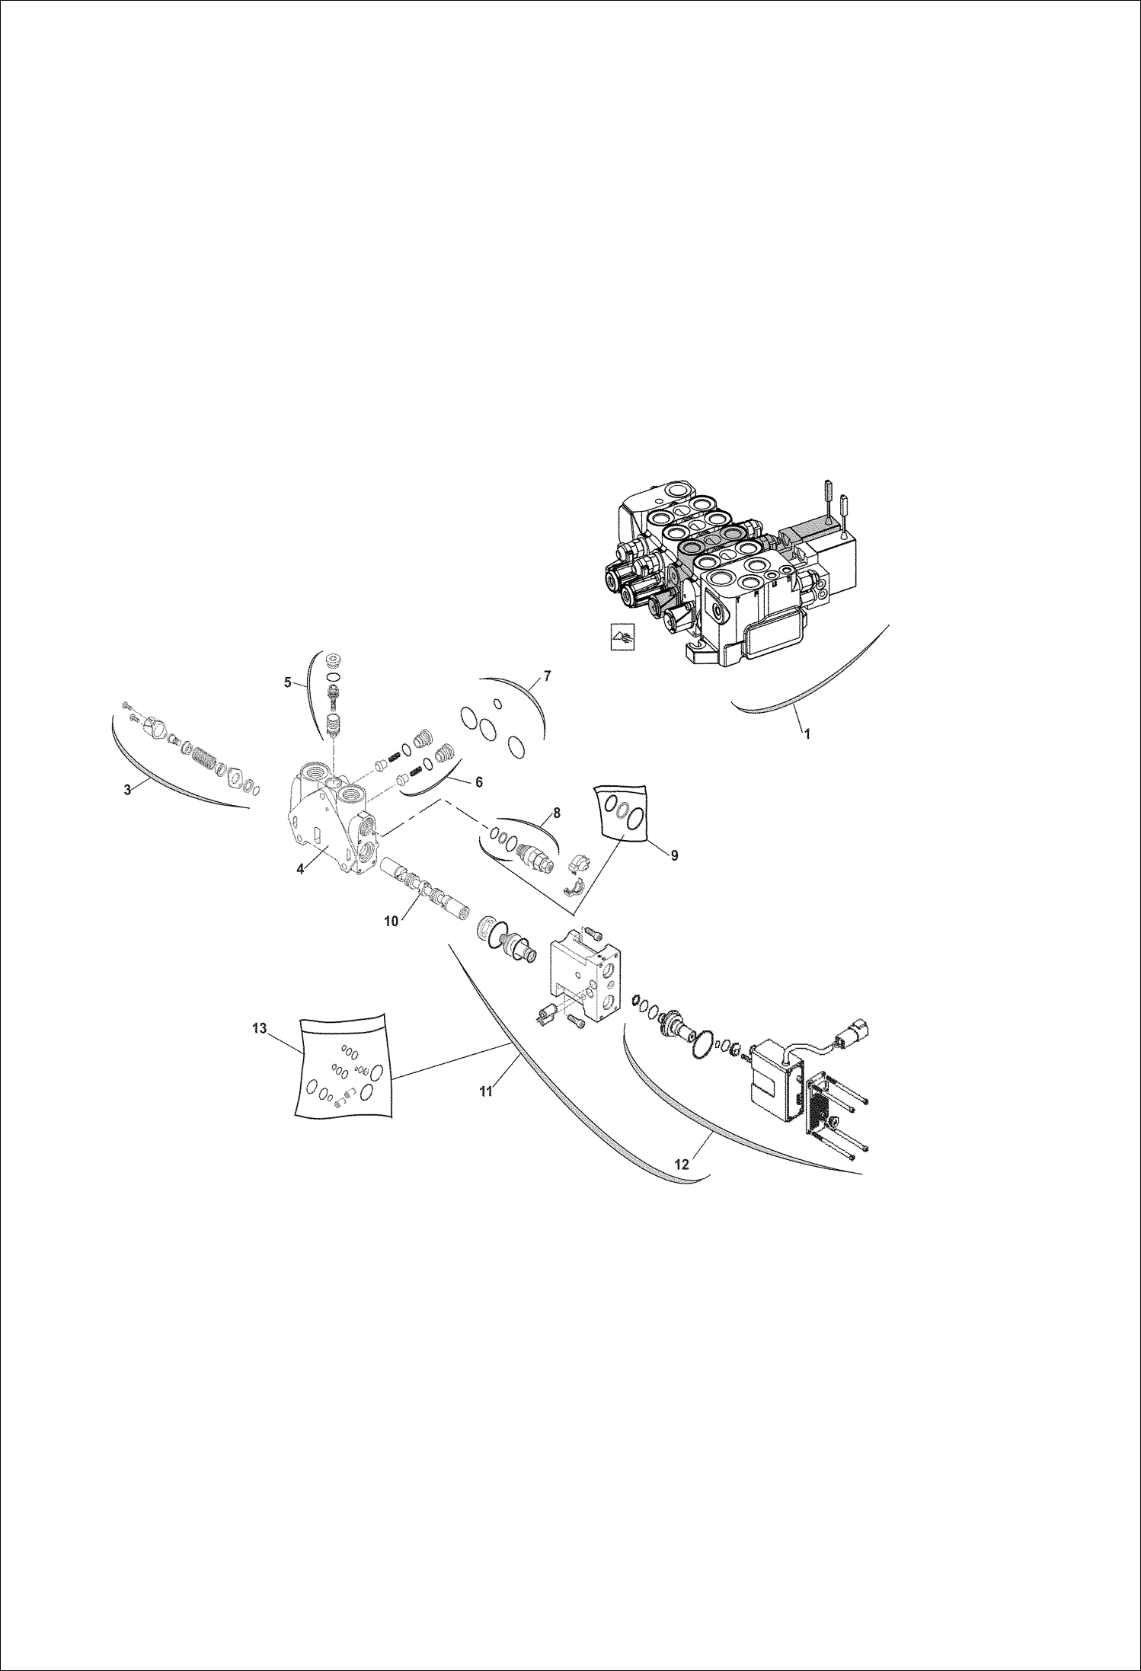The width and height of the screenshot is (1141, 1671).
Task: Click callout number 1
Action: [x=807, y=734]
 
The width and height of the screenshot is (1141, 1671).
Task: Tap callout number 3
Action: [x=127, y=789]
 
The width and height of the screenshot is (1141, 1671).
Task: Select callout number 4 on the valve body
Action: [x=301, y=868]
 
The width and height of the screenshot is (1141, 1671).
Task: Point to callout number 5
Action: [x=288, y=682]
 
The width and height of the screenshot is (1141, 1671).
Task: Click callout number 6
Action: [x=478, y=781]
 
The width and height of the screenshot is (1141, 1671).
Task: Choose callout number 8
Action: [x=556, y=813]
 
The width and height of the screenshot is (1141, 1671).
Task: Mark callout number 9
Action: [x=674, y=855]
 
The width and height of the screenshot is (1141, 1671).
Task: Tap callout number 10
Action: [x=391, y=920]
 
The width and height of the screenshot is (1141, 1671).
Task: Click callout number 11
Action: [x=486, y=1091]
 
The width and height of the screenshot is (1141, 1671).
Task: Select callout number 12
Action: [x=682, y=1164]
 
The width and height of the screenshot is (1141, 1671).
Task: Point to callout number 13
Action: [x=259, y=1028]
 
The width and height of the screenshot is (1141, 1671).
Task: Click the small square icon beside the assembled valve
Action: [x=623, y=637]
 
